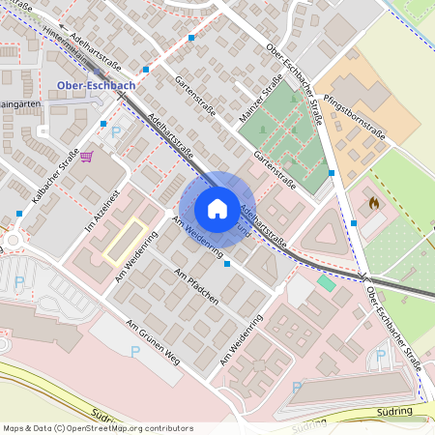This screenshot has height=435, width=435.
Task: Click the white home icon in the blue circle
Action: pyautogui.click(x=217, y=209)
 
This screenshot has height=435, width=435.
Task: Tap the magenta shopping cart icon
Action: pyautogui.click(x=87, y=156)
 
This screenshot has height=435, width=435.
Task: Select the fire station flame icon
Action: pyautogui.click(x=373, y=204)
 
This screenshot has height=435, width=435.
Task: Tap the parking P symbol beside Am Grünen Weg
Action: pyautogui.click(x=135, y=352)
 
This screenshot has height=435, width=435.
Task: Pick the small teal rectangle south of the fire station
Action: pyautogui.click(x=326, y=283)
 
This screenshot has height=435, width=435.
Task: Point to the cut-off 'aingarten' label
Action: pyautogui.click(x=19, y=103)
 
